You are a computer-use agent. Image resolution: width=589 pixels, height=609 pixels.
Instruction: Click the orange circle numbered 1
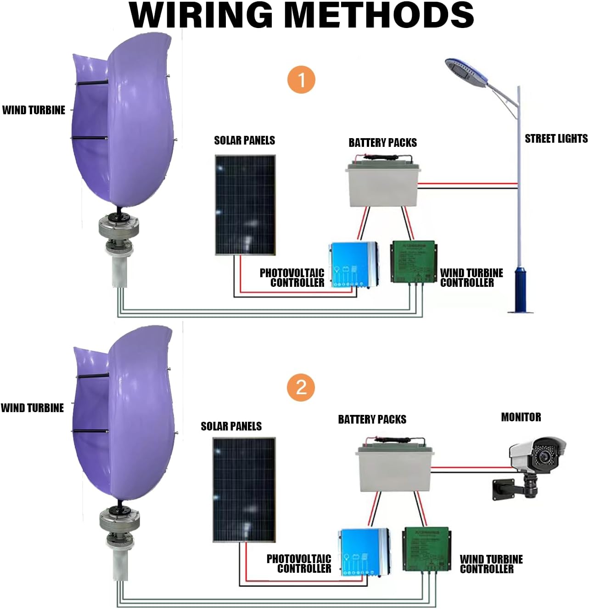tap(301, 80)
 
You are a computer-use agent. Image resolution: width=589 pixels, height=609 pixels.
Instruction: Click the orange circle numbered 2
tap(301, 387)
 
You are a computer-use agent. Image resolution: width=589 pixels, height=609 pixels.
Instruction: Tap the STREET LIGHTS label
tap(556, 139)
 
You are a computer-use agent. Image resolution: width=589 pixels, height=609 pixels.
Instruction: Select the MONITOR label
tap(521, 417)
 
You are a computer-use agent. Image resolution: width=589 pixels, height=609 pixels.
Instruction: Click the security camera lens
tap(544, 456)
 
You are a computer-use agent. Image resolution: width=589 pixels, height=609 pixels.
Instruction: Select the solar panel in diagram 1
tap(245, 205)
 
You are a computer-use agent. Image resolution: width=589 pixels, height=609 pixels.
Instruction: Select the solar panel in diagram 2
tap(244, 490)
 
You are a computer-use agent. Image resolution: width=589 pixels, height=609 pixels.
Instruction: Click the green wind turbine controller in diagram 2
tap(426, 549)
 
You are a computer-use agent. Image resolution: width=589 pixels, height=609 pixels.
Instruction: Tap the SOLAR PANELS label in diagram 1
tap(244, 140)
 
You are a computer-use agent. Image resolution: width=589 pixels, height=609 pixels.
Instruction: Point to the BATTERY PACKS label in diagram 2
tap(372, 419)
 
